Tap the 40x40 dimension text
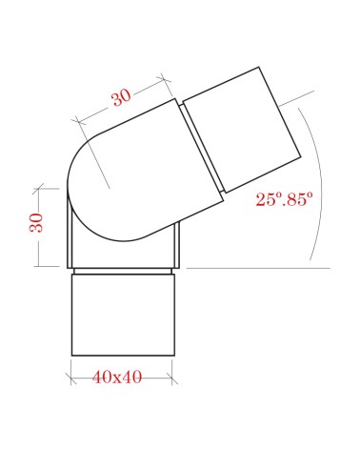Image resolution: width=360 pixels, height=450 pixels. pos(118,378)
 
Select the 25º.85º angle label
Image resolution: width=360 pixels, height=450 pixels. pos(283,201)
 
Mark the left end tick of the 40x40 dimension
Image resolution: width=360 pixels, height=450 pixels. pos(71,378)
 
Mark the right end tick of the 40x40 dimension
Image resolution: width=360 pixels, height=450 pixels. pos(171,378)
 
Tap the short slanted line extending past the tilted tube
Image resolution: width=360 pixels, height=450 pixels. pos(299,97)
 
